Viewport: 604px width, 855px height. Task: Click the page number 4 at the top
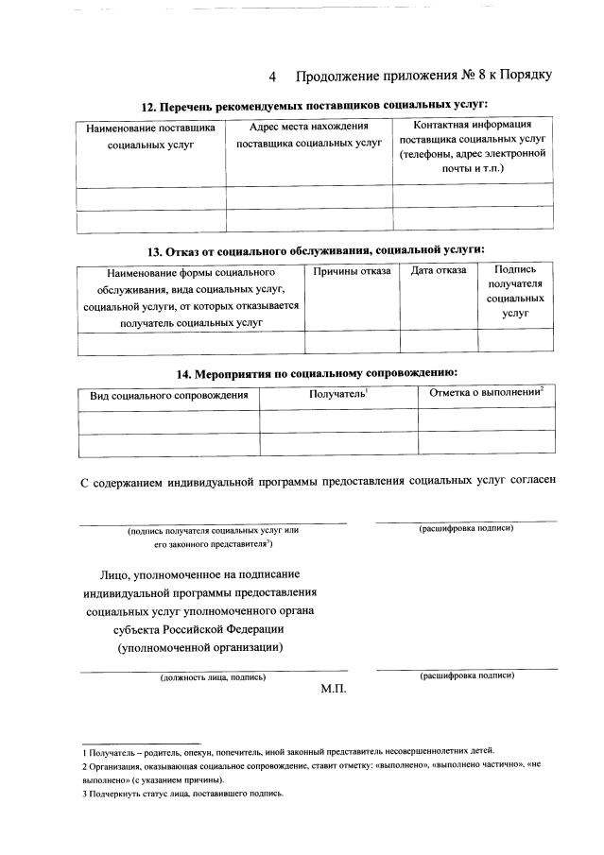click(x=273, y=76)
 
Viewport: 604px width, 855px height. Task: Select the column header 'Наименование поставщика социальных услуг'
click(x=150, y=136)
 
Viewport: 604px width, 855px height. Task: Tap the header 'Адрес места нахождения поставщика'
click(x=308, y=135)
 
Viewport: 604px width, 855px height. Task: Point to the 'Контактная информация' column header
click(x=473, y=145)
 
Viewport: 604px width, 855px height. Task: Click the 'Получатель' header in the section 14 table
click(x=337, y=393)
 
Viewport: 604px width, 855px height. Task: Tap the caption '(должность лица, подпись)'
click(x=213, y=677)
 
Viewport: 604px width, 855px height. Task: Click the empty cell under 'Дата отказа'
click(x=438, y=342)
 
